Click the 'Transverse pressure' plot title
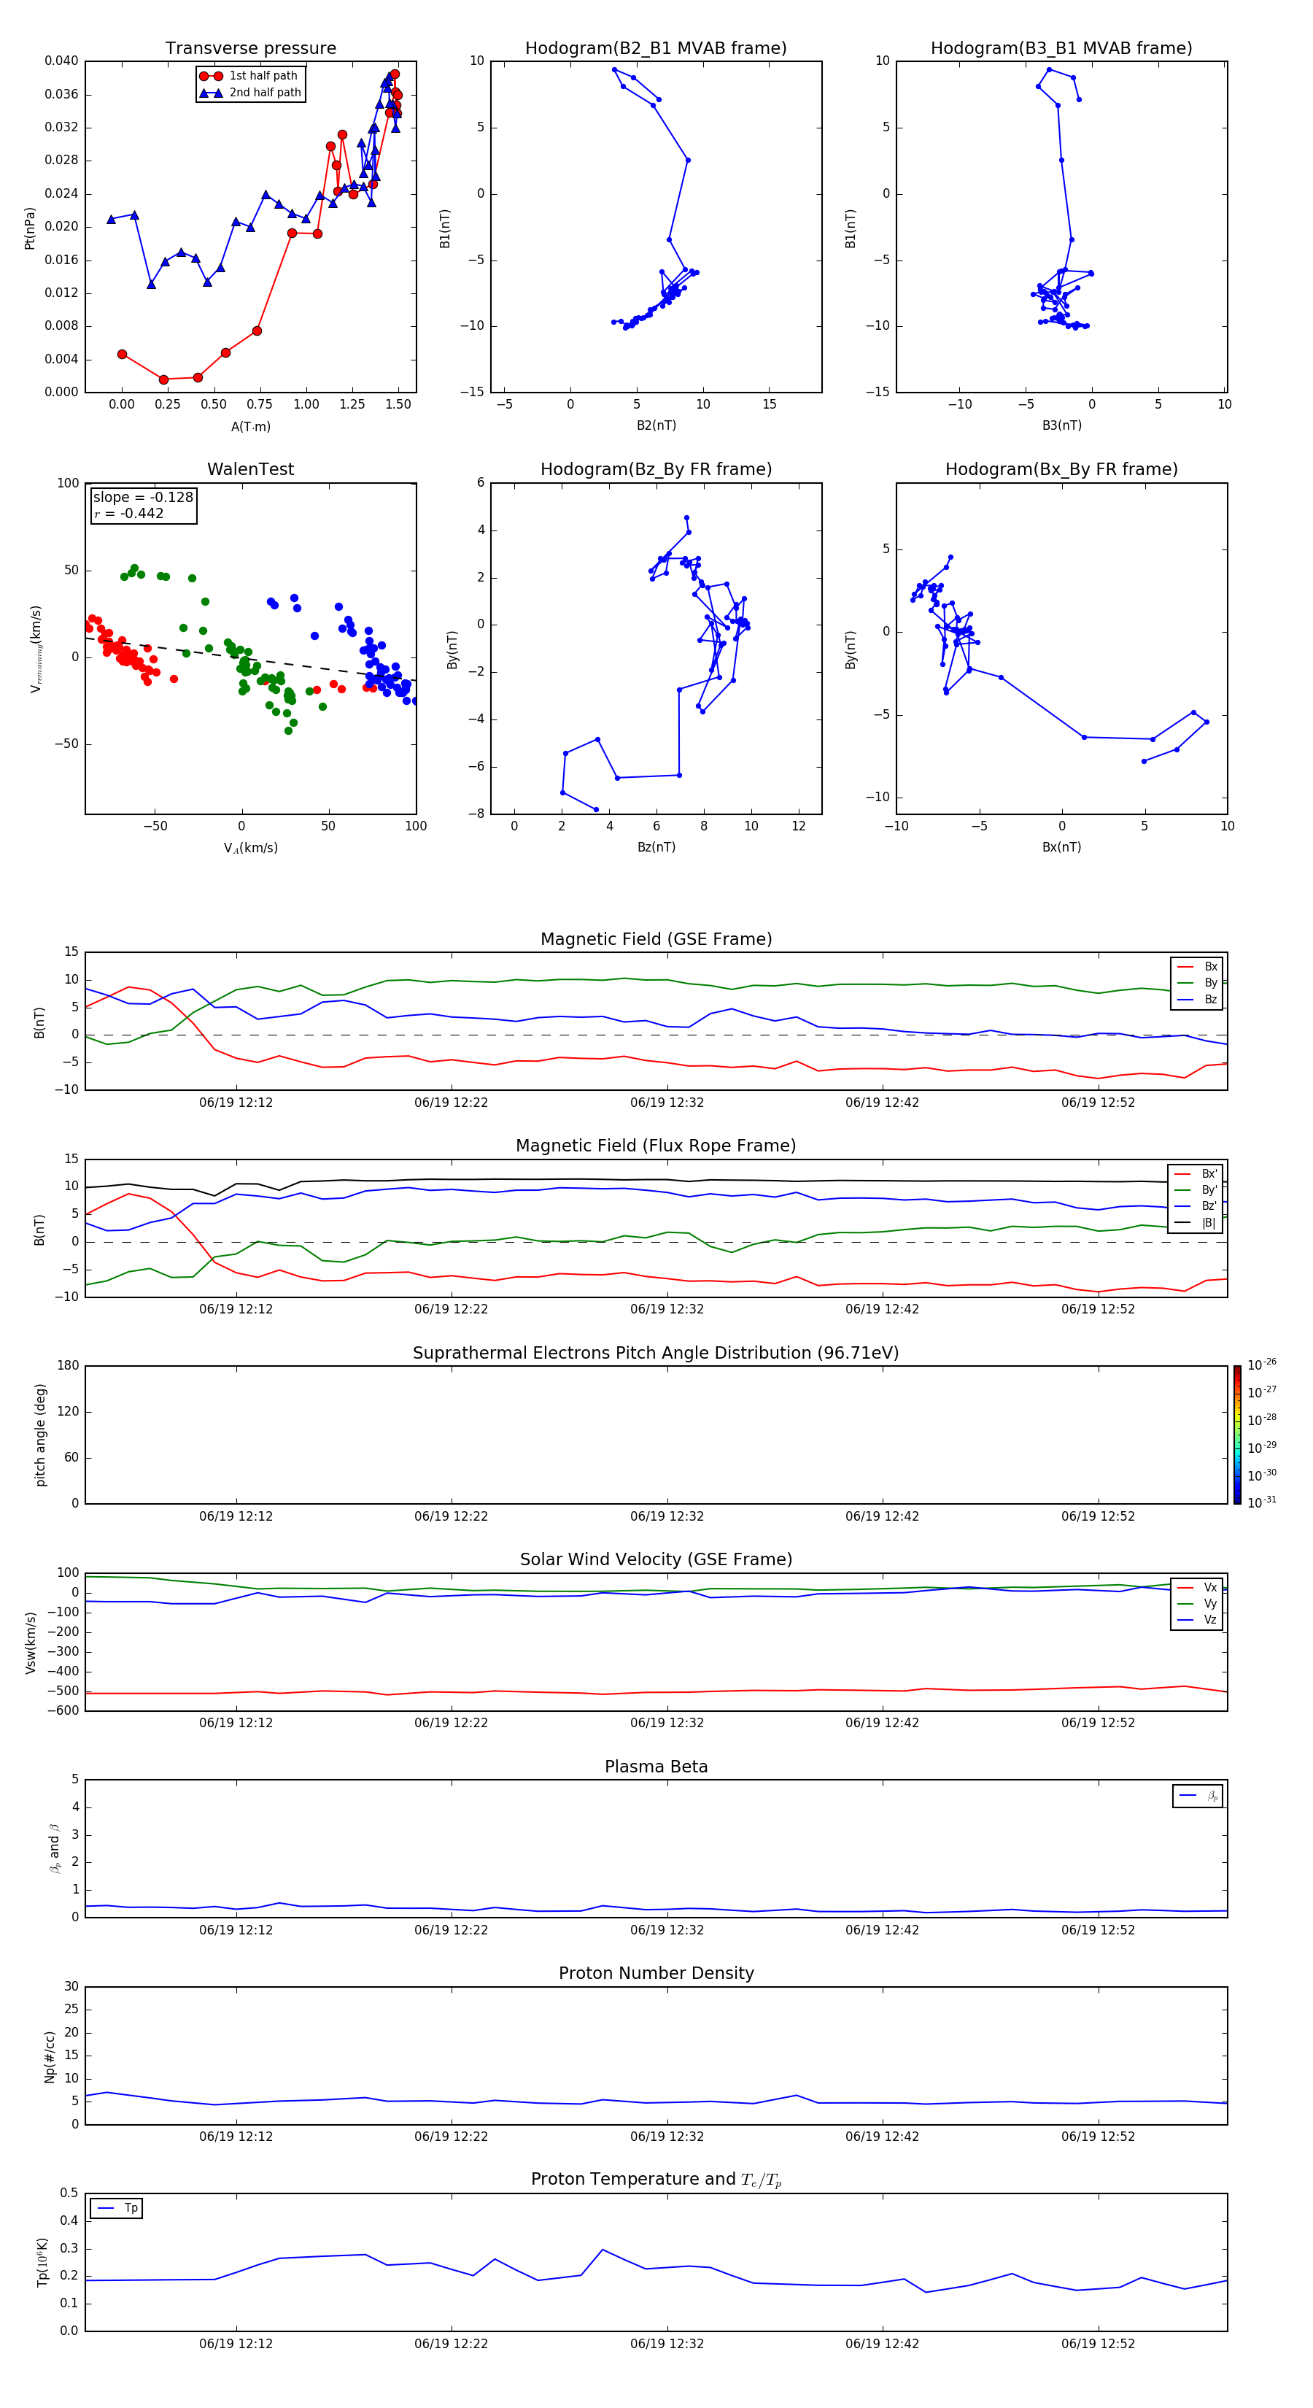250,49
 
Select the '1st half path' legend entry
263,76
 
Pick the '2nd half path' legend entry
265,93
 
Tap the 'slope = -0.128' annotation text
143,498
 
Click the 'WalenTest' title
250,469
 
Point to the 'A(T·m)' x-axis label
250,426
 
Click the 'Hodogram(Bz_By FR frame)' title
656,469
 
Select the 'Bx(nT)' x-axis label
1061,847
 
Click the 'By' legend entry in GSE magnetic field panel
1210,982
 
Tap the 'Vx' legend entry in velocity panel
1210,1587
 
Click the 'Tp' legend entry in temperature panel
131,2208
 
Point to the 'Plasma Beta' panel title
656,1767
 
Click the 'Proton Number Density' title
656,1973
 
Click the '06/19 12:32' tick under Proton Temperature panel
666,2344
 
